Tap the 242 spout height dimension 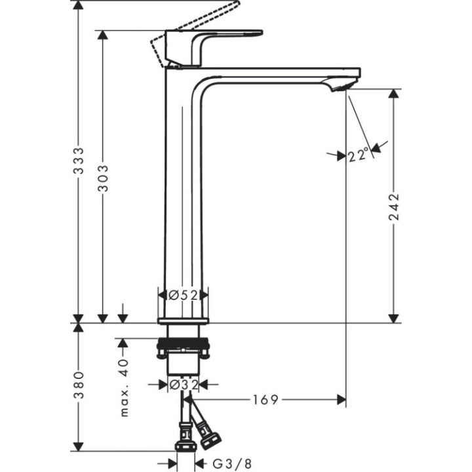(x=394, y=206)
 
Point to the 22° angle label (x=359, y=155)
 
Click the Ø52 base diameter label (x=184, y=296)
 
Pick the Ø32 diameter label (x=184, y=385)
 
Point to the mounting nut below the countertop (x=184, y=347)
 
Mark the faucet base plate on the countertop (x=184, y=320)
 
